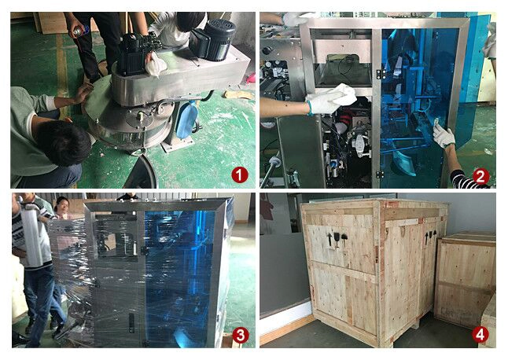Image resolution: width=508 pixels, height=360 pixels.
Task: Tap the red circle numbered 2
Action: [x=480, y=177]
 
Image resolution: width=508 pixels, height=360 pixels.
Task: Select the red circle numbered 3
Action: [x=241, y=335]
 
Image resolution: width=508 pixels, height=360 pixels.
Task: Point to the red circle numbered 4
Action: [x=480, y=335]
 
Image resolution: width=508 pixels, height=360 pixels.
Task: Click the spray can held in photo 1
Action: [x=79, y=31]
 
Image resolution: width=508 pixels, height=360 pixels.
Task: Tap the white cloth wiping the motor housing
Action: [x=156, y=64]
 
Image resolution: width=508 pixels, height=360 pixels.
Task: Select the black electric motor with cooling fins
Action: [x=212, y=39]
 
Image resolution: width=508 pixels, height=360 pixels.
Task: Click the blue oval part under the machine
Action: [x=186, y=119]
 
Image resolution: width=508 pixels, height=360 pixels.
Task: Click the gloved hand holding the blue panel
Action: [x=444, y=135]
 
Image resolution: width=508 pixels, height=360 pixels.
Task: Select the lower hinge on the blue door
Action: [x=380, y=174]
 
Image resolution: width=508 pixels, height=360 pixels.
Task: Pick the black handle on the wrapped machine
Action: [x=131, y=323]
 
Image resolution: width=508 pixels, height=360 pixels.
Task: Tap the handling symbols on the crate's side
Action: [x=431, y=236]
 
